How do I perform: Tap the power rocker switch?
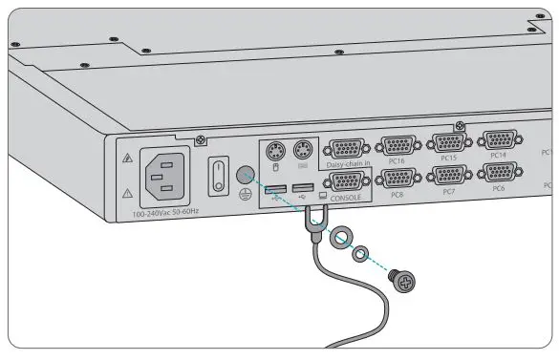217,174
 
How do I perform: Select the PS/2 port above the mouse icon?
274,150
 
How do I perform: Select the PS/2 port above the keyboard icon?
302,150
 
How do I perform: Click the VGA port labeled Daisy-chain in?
351,149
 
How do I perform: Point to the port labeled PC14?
497,139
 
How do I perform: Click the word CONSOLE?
346,198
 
